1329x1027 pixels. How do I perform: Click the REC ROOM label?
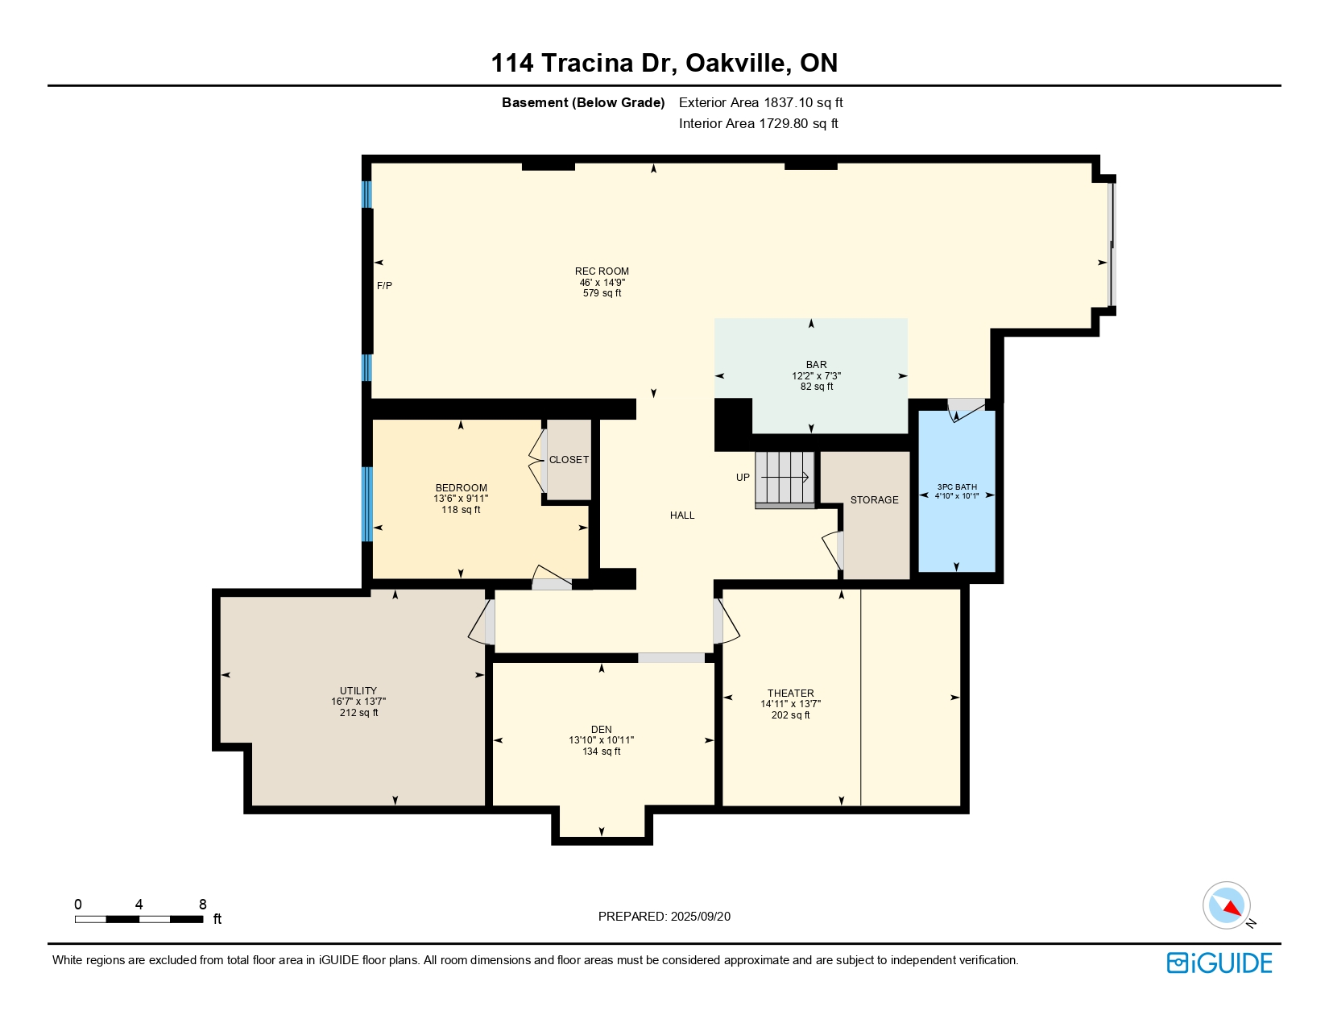(x=602, y=271)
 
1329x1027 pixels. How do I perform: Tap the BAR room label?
(x=817, y=365)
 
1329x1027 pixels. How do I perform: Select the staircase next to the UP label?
(x=785, y=479)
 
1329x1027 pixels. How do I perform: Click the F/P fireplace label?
(x=384, y=286)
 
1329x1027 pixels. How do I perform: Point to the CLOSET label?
(x=569, y=459)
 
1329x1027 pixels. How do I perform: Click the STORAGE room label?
(x=875, y=499)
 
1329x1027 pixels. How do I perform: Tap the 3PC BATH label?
(x=957, y=487)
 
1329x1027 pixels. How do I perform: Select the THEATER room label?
(x=791, y=693)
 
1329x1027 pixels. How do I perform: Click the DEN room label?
(x=601, y=729)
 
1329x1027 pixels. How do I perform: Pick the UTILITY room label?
(x=358, y=690)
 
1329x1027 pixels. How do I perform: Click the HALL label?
(x=682, y=515)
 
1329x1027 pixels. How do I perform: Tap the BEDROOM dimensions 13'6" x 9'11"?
(x=461, y=499)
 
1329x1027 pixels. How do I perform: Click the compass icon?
(x=1227, y=905)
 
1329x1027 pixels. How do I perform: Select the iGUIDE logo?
(x=1219, y=963)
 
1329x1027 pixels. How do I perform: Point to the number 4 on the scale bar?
(x=139, y=904)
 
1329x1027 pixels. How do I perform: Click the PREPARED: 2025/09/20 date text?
(x=664, y=917)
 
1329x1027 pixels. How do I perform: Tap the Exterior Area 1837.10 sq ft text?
(x=761, y=103)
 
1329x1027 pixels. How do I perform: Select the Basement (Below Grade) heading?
(x=583, y=103)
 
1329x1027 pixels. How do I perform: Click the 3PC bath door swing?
(x=967, y=411)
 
